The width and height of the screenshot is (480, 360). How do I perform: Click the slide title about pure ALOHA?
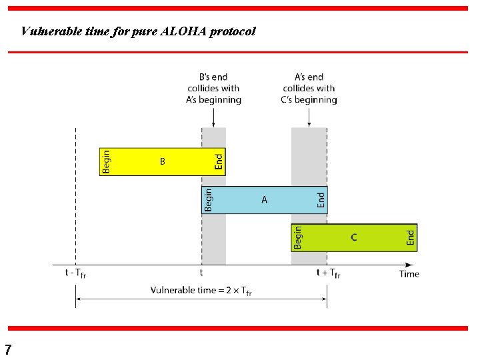pos(138,31)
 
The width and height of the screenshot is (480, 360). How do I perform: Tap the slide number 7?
pos(8,349)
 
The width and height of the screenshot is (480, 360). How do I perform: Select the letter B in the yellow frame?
pos(162,161)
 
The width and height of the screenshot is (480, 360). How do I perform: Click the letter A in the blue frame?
pos(265,199)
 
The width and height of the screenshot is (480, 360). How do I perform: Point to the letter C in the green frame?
pos(353,237)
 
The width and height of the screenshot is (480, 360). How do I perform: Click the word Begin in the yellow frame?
pos(106,161)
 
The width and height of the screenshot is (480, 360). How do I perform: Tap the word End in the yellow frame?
pos(219,161)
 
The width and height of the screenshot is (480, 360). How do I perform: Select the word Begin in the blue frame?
pos(209,199)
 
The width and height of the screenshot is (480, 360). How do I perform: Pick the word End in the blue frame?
pos(321,199)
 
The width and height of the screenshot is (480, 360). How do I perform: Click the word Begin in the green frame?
pos(298,237)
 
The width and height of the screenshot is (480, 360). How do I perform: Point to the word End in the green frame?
pos(411,237)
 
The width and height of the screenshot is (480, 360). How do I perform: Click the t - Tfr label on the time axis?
pos(75,273)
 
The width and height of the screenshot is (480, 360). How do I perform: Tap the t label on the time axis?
pos(201,273)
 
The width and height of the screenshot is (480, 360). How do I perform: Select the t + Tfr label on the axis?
pos(327,273)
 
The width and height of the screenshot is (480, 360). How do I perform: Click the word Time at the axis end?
pos(409,273)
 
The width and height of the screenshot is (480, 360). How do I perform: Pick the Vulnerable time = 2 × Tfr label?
pos(201,291)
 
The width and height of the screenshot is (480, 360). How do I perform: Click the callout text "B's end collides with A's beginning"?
pos(213,88)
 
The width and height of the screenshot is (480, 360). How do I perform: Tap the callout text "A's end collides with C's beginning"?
pos(309,88)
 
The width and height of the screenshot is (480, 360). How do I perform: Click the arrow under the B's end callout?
pos(213,117)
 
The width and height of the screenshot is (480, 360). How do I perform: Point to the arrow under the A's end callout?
pos(309,117)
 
